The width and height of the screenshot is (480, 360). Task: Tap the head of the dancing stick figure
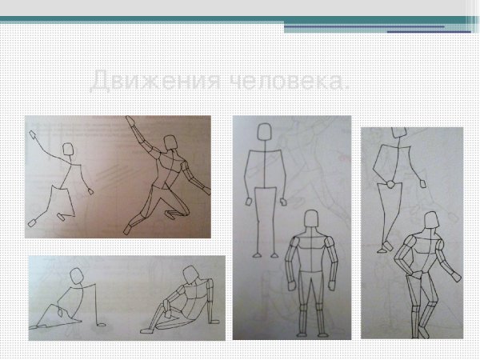pos(69,150)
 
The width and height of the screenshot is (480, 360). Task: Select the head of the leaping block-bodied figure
pos(170,143)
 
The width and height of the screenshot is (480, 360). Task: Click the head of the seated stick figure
pos(78,275)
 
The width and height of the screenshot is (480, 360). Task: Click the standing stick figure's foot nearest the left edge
pos(257,255)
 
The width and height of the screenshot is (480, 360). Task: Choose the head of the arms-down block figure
pos(311,219)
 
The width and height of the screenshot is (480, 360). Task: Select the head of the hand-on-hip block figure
pos(430,221)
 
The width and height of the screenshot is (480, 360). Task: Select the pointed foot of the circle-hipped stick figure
pos(386,247)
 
